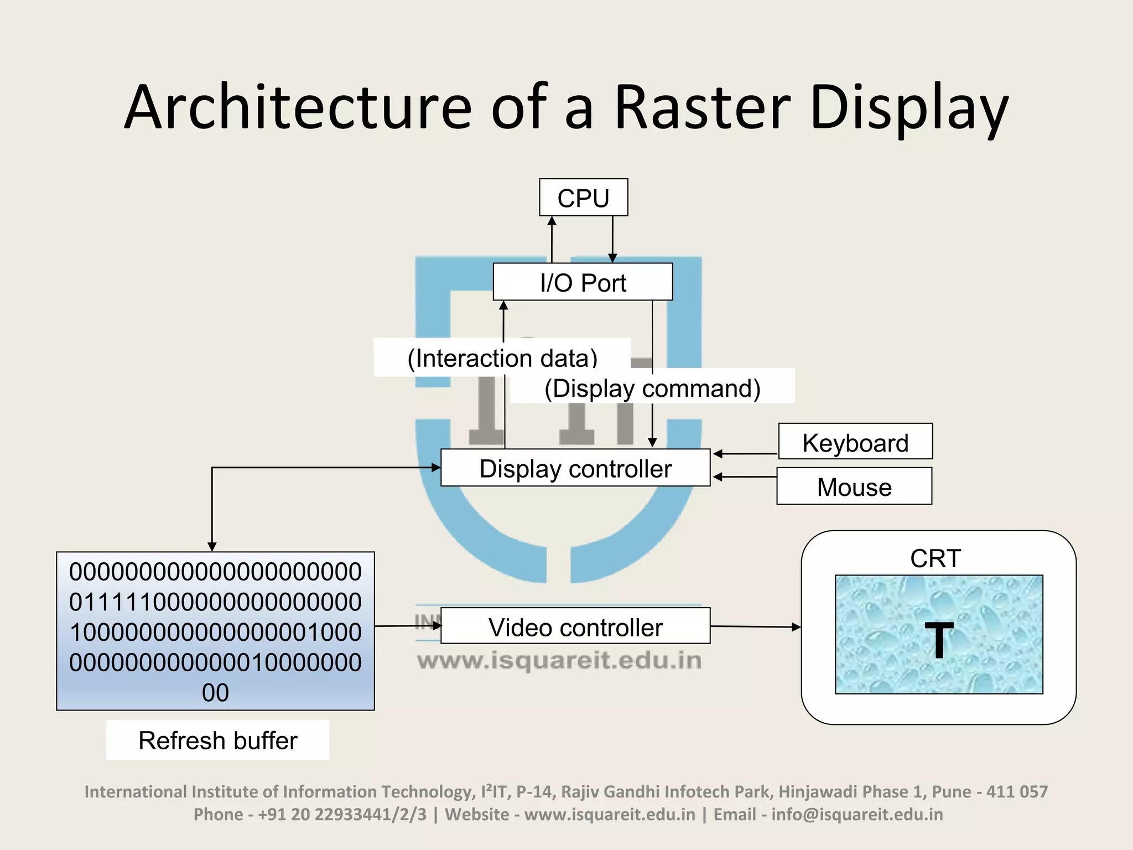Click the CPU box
point(583,198)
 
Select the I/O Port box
point(583,282)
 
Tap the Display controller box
point(575,468)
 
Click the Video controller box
point(575,626)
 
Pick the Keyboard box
point(855,442)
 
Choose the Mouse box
point(854,486)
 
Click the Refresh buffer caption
point(218,740)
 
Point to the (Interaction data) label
point(502,358)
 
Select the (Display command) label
point(652,388)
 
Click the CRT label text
point(935,558)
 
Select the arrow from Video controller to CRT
point(756,627)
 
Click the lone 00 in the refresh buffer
point(215,693)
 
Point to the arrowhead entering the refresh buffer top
point(212,547)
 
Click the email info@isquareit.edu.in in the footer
point(857,815)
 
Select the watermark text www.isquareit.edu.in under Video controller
point(559,660)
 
